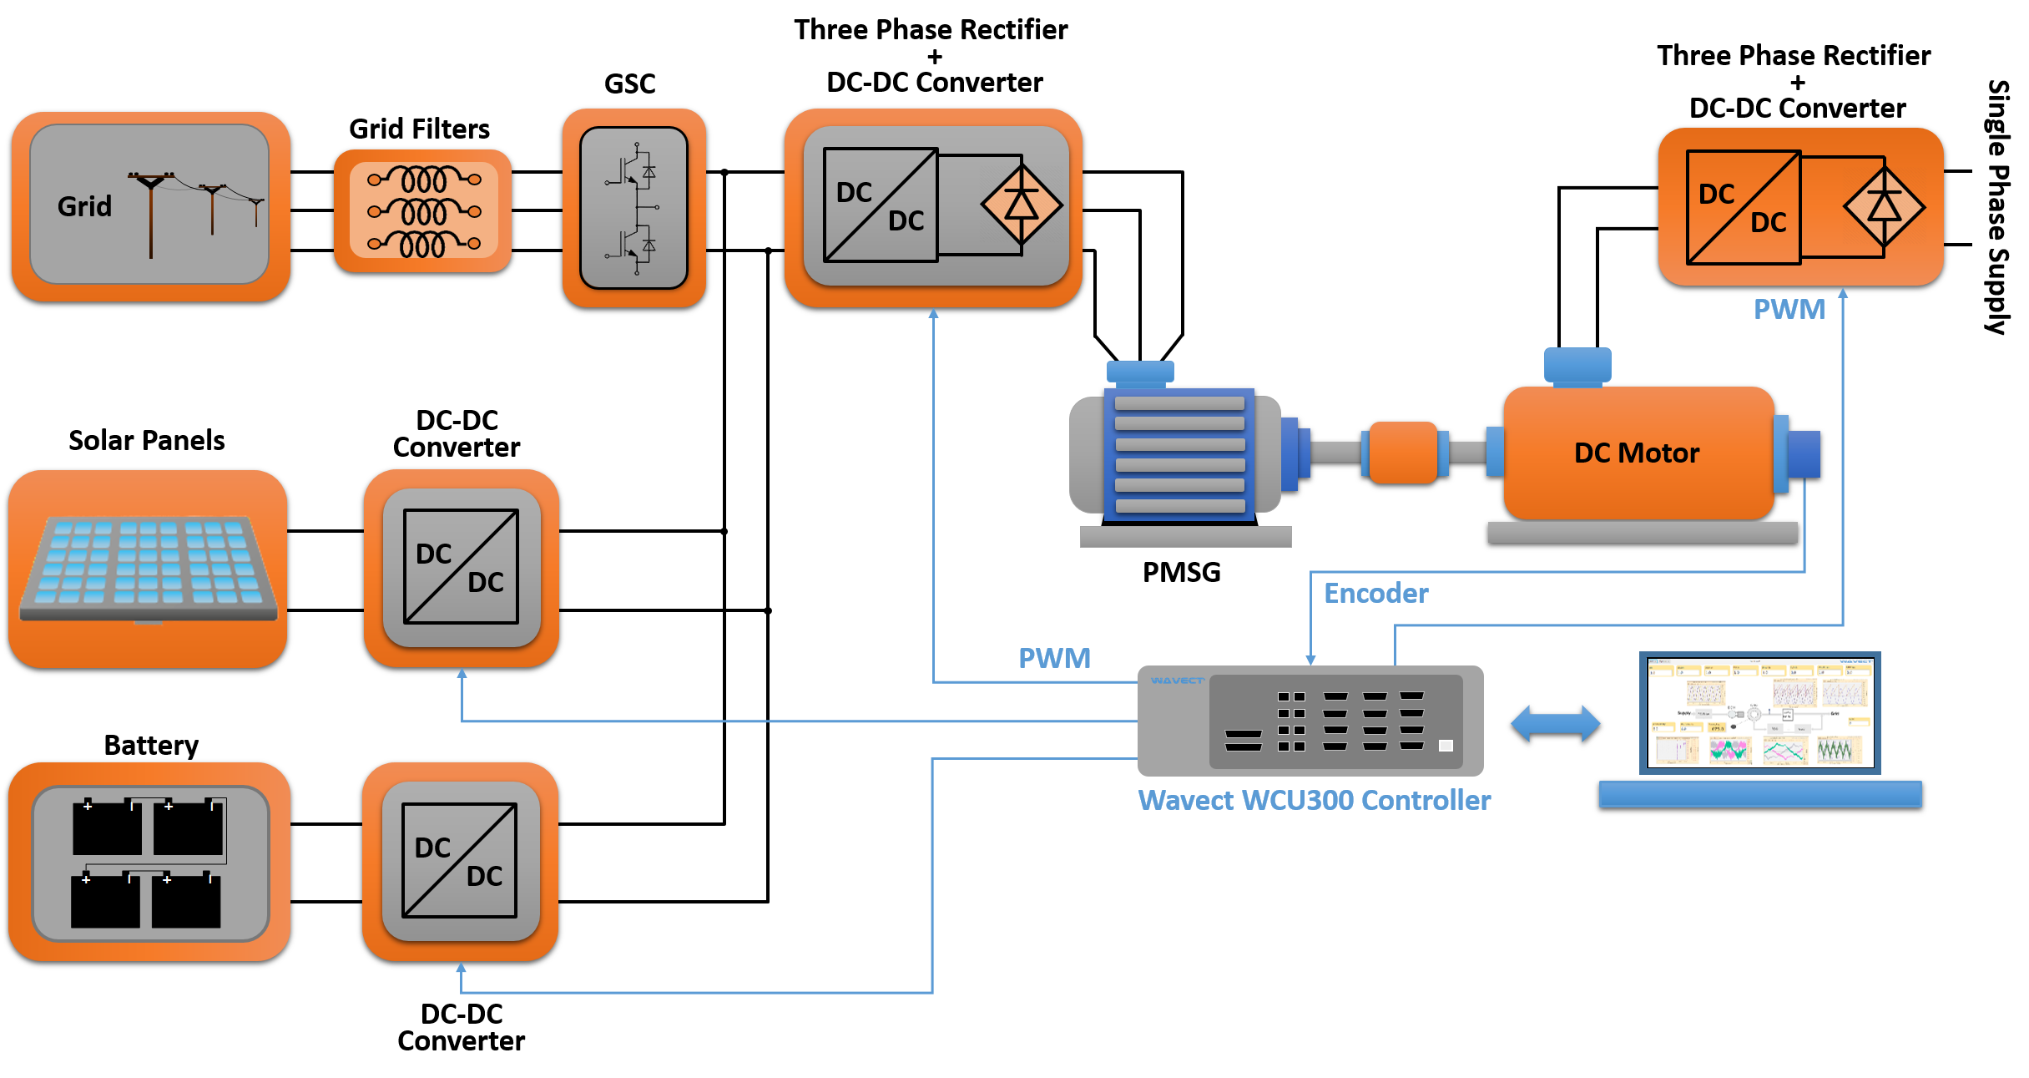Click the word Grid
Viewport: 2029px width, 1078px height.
tap(84, 206)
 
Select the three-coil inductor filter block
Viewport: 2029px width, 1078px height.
tap(423, 211)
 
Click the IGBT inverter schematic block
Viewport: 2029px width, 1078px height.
tap(634, 208)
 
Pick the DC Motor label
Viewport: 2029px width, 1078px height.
tap(1636, 453)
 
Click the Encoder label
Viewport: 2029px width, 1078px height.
tap(1375, 594)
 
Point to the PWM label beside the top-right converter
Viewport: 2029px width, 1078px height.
tap(1789, 310)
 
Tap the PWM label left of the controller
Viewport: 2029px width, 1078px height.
tap(1054, 659)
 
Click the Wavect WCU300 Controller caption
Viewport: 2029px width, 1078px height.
tap(1315, 801)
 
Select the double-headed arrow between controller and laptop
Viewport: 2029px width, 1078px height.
tap(1555, 723)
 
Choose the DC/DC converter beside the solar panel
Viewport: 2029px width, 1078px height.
tap(462, 567)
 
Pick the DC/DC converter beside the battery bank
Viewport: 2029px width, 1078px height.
tap(460, 861)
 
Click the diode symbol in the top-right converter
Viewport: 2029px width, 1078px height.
tap(1884, 205)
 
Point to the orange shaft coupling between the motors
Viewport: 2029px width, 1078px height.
tap(1403, 453)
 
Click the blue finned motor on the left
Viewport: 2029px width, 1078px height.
tap(1179, 453)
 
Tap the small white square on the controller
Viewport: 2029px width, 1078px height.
tap(1446, 746)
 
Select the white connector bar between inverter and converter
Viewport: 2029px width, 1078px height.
tap(745, 205)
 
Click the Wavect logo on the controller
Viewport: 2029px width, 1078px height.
tap(1177, 681)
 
